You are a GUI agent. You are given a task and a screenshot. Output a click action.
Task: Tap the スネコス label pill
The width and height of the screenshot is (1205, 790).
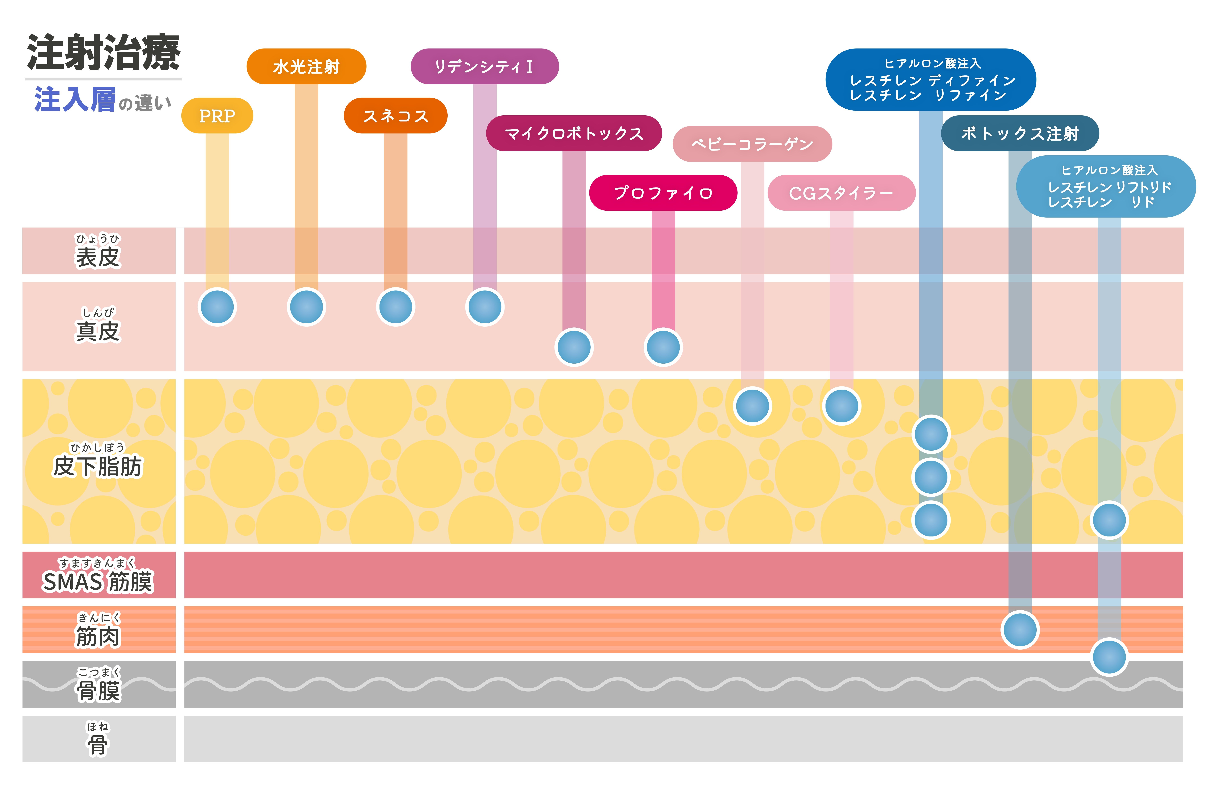(x=395, y=116)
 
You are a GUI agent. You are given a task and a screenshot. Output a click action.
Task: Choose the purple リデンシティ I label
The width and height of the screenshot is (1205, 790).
(x=485, y=66)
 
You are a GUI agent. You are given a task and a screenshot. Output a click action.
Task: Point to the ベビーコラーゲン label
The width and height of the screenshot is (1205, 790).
(x=752, y=144)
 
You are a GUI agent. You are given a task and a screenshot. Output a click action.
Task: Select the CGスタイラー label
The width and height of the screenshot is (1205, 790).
(x=841, y=193)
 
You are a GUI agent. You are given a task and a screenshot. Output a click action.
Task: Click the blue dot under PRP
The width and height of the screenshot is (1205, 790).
(x=217, y=307)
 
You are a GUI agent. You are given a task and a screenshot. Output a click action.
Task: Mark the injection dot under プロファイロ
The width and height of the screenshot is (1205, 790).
(x=663, y=347)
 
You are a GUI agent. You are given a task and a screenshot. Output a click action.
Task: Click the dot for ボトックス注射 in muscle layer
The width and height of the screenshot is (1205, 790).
(x=1020, y=630)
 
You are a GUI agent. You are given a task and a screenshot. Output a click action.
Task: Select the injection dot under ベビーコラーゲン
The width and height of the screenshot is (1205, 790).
(x=752, y=406)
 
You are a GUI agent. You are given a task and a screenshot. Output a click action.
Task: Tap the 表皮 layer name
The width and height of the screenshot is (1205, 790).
(x=98, y=256)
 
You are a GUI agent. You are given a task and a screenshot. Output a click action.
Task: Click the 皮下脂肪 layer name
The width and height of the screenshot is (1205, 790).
(x=98, y=466)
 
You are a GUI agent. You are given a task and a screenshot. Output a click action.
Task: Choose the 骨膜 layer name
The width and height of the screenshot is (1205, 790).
(x=98, y=690)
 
